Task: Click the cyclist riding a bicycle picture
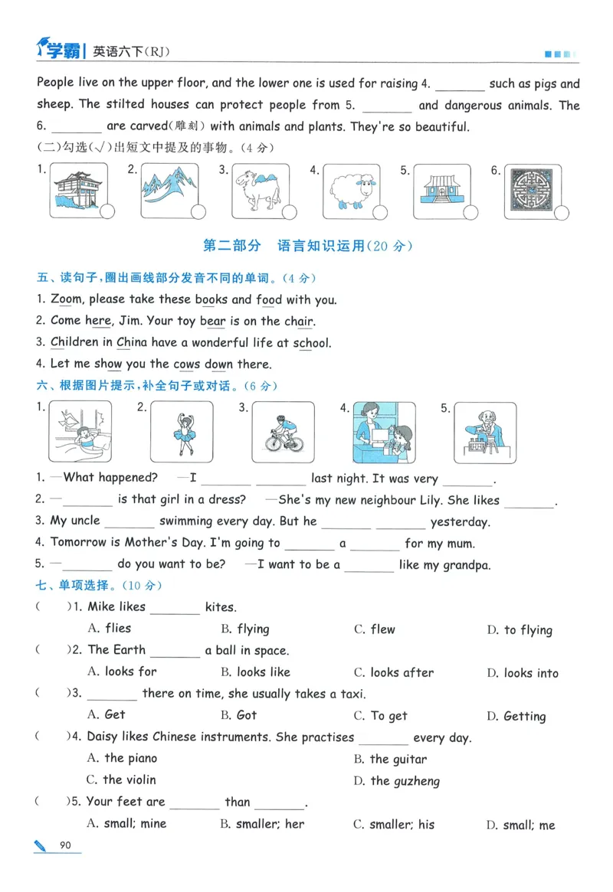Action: (x=284, y=433)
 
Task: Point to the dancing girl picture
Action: (x=182, y=433)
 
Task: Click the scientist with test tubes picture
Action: (x=485, y=433)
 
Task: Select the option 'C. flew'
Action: (x=375, y=629)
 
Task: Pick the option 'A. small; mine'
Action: (x=126, y=824)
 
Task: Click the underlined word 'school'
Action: (x=312, y=343)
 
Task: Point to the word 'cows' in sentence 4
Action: (x=187, y=364)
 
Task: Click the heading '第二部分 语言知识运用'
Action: (x=306, y=246)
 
